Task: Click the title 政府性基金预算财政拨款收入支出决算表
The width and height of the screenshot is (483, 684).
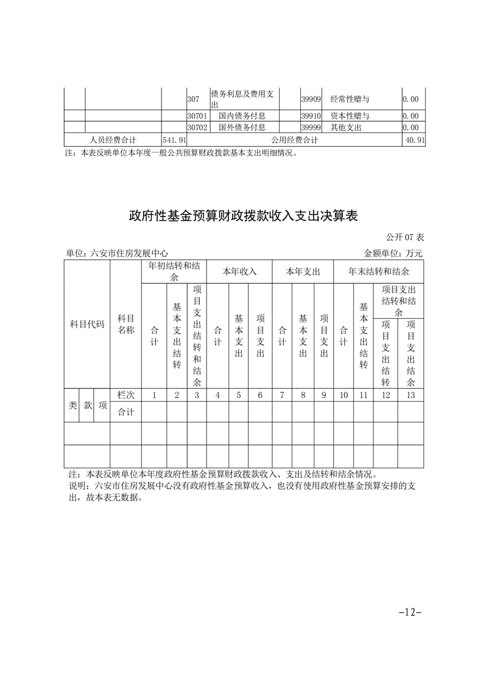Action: pos(242,216)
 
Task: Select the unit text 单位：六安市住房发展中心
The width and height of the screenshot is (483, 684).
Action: pos(117,253)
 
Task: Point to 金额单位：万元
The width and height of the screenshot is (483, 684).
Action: pos(392,253)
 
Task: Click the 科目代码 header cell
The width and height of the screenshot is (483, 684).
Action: pos(86,324)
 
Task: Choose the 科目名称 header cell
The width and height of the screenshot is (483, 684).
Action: pos(125,324)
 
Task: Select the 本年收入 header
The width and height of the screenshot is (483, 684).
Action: pos(239,271)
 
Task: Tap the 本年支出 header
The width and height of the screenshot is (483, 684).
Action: pos(303,271)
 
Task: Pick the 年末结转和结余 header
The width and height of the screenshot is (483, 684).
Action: pos(378,271)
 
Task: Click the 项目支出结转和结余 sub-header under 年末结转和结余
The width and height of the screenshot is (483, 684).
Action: pos(398,301)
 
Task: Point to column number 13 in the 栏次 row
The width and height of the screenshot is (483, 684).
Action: pos(411,395)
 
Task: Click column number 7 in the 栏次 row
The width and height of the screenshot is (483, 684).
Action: pos(282,395)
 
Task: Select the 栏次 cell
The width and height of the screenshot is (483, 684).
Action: pos(125,395)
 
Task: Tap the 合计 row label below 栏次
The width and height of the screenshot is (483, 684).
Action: pos(125,411)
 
